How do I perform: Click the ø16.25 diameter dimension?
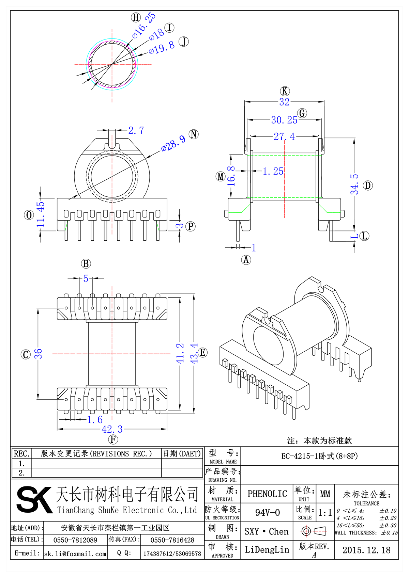(x=144, y=26)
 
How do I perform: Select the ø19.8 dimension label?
(x=162, y=48)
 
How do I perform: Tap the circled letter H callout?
(x=136, y=17)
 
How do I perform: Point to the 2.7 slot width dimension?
(x=136, y=130)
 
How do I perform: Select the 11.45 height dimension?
(x=41, y=214)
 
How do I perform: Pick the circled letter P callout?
(x=191, y=226)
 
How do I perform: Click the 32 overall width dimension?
(x=284, y=102)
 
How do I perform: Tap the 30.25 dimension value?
(x=284, y=120)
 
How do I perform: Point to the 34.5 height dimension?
(x=354, y=184)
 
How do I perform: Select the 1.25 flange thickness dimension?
(x=273, y=171)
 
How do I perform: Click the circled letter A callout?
(x=246, y=260)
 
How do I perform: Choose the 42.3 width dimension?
(x=112, y=429)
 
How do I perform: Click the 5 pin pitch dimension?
(x=86, y=278)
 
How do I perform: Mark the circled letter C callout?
(x=26, y=354)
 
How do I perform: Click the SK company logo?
(x=34, y=499)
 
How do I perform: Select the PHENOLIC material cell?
(x=267, y=494)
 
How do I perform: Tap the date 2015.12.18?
(x=366, y=550)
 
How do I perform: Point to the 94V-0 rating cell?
(x=267, y=512)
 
